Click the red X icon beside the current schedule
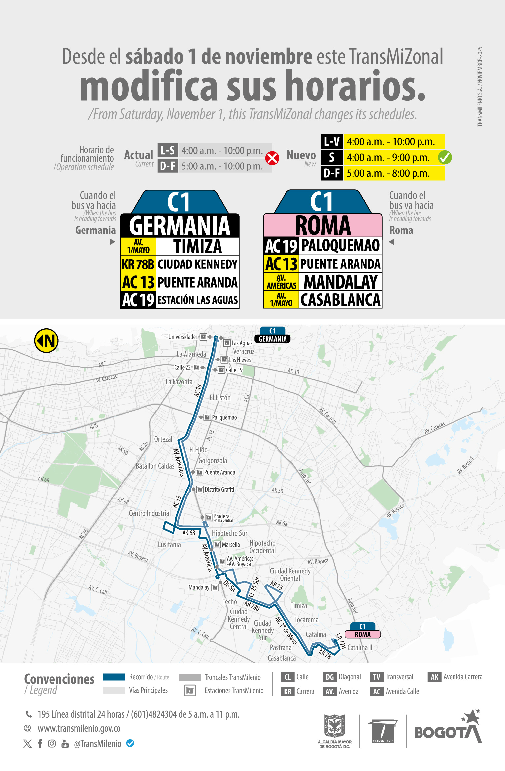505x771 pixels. pos(272,158)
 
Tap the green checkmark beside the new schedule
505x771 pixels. pos(445,157)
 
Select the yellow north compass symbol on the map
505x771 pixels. pos(47,340)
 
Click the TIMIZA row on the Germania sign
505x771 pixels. pos(197,246)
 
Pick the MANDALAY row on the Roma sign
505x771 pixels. pos(340,282)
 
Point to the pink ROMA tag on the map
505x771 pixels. pos(362,634)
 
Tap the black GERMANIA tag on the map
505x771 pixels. pos(272,339)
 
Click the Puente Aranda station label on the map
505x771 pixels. pos(219,472)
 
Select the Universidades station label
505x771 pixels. pos(183,337)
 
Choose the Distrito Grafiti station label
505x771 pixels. pos(219,489)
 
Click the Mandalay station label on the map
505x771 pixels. pos(199,587)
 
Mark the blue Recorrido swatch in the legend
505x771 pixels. pos(114,677)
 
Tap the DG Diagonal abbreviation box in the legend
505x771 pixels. pos(330,677)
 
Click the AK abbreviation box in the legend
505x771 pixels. pos(434,677)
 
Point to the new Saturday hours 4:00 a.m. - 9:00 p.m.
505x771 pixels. pos(388,158)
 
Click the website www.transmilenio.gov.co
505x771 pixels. pos(79,728)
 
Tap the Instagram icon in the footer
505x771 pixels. pos(52,743)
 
